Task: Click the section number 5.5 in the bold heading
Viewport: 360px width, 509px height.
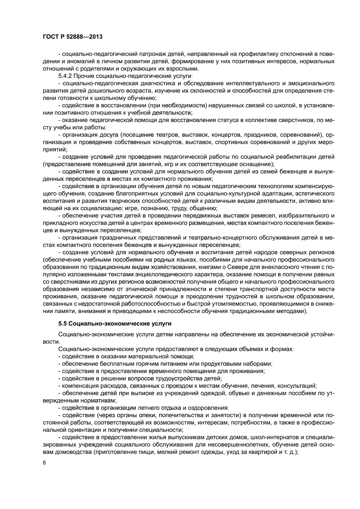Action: point(63,324)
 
